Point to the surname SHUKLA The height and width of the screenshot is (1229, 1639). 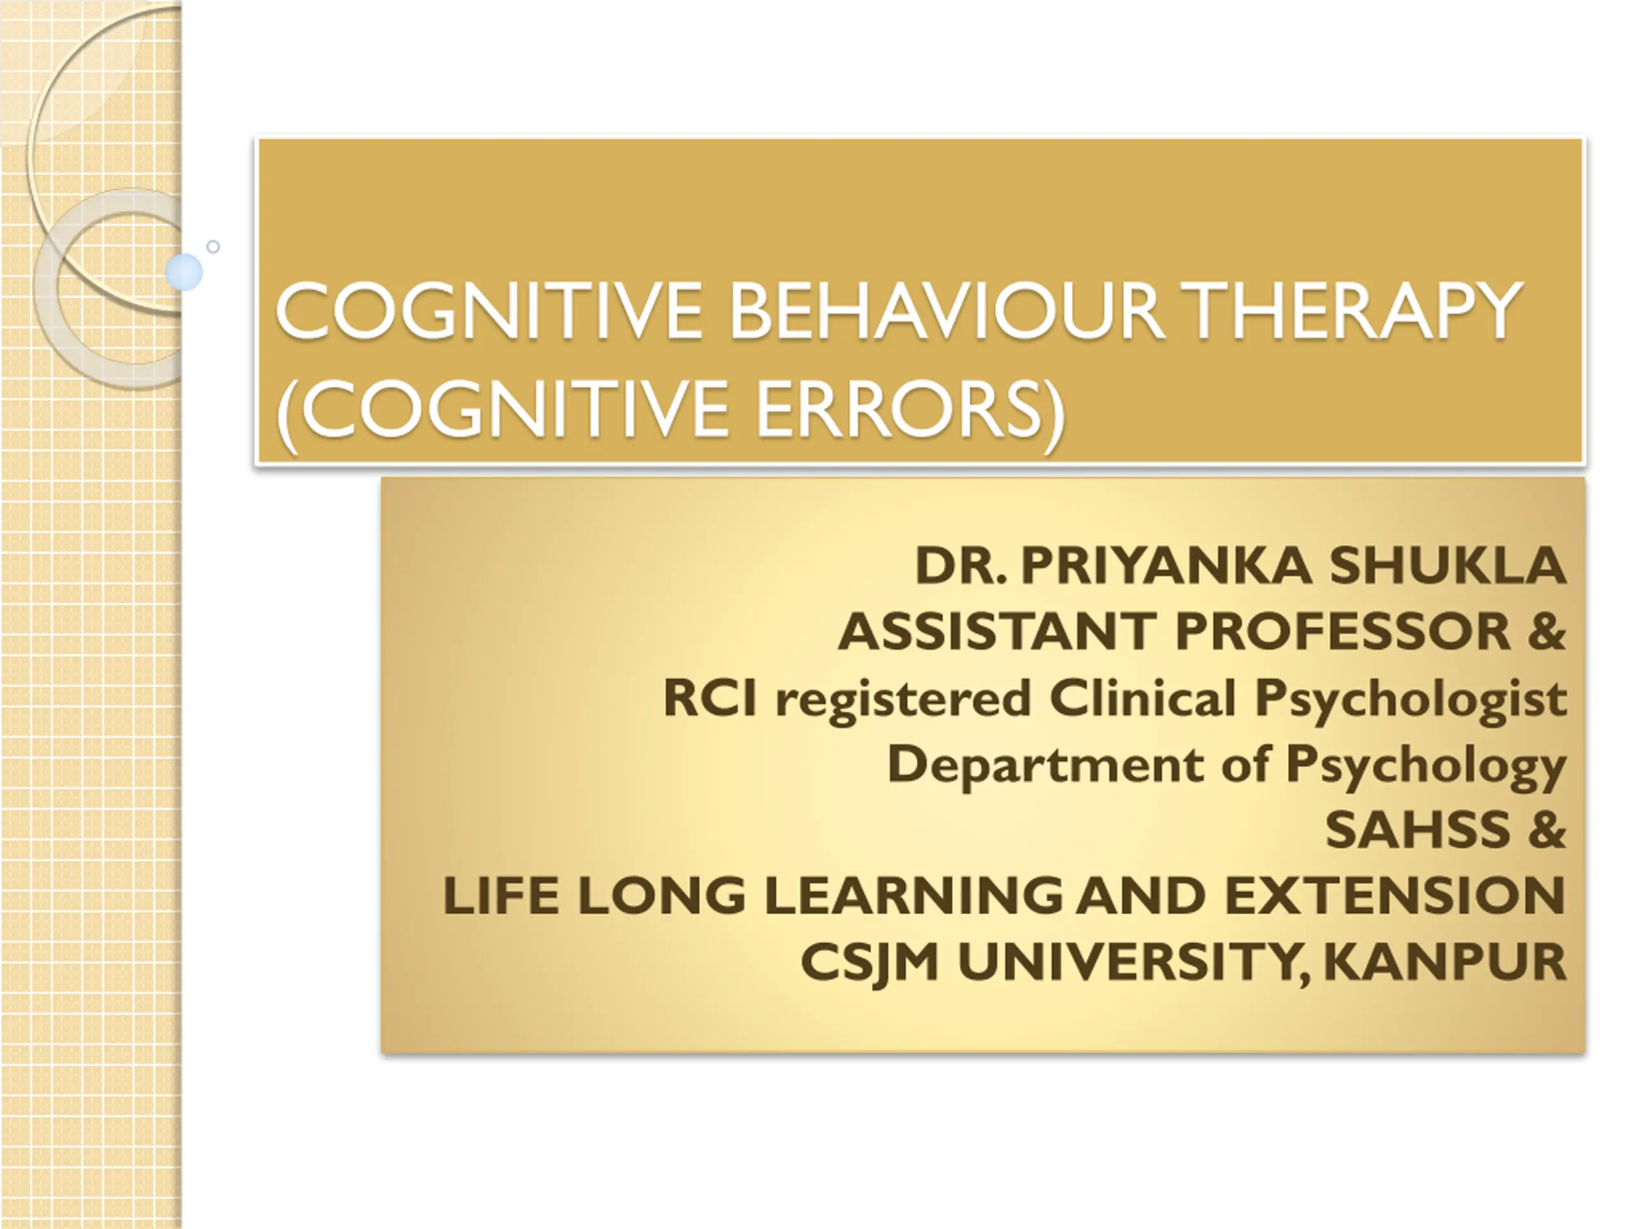pos(1447,565)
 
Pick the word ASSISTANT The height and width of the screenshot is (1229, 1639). pos(997,632)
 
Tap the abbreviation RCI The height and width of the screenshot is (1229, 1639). pos(710,698)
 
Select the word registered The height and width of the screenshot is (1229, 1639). pos(903,700)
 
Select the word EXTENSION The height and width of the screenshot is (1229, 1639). pos(1395,896)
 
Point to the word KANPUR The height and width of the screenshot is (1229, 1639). pos(1445,961)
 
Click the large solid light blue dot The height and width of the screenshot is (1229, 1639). pos(184,272)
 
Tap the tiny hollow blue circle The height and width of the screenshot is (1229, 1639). pos(213,246)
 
